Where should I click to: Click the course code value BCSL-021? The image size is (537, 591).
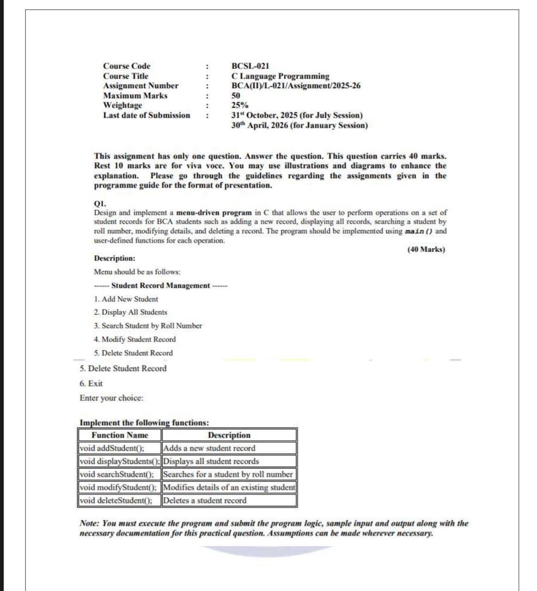250,66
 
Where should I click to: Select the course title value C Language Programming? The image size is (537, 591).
280,76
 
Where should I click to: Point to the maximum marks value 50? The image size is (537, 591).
236,96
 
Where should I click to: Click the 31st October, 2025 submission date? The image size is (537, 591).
297,115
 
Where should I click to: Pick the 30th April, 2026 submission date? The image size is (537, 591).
299,125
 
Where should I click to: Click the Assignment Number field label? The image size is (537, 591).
140,85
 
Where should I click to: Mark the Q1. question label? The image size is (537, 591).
100,203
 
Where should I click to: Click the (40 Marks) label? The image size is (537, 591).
426,250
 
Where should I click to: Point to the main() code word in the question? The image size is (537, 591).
419,231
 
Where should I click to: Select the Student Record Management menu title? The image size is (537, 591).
160,286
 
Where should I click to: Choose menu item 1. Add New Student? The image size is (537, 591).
126,299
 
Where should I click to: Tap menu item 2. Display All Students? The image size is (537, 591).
130,312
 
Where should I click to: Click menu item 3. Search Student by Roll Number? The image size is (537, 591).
148,326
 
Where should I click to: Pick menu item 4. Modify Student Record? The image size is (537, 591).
134,339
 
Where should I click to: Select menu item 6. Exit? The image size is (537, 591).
91,384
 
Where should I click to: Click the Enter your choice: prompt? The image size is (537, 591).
111,398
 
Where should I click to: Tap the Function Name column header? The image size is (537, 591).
120,435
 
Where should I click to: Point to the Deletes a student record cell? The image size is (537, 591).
205,500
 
